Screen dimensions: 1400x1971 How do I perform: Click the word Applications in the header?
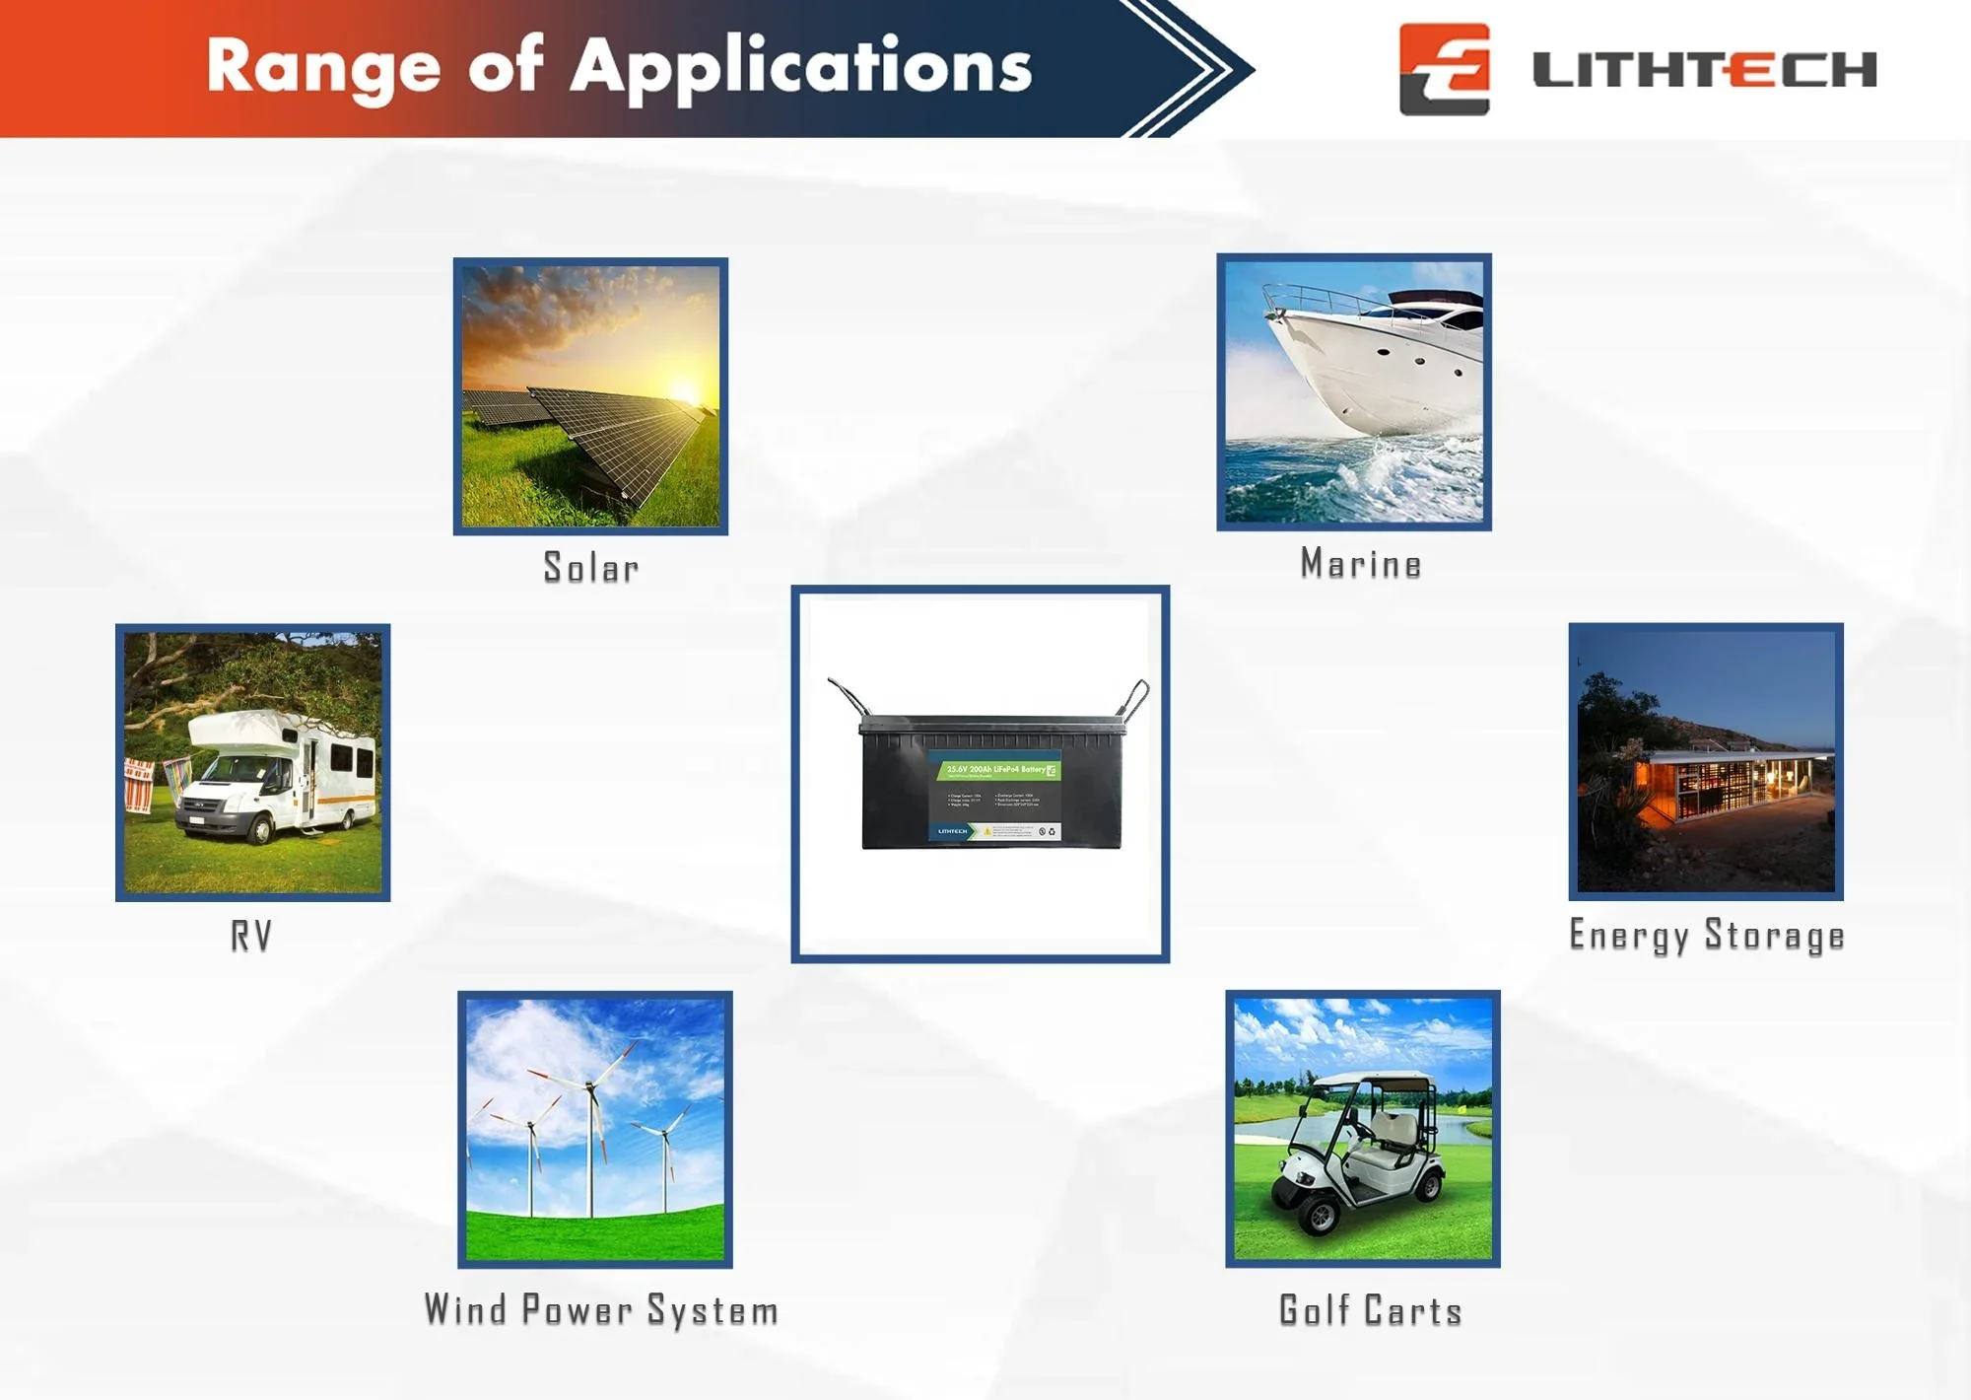(800, 67)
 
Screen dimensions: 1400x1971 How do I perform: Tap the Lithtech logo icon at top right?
(1444, 69)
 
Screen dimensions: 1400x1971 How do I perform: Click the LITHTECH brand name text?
(1704, 70)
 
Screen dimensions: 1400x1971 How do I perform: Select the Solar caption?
(591, 568)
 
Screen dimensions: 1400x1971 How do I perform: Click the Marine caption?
(1361, 564)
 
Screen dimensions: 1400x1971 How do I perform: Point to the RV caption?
(251, 936)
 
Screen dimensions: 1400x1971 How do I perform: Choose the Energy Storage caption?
(1706, 936)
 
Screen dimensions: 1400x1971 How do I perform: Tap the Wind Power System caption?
(601, 1310)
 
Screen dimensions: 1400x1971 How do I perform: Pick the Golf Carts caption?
(1370, 1310)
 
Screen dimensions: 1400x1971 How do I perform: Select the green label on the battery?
(995, 769)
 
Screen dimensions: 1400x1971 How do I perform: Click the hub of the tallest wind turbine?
(590, 1086)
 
